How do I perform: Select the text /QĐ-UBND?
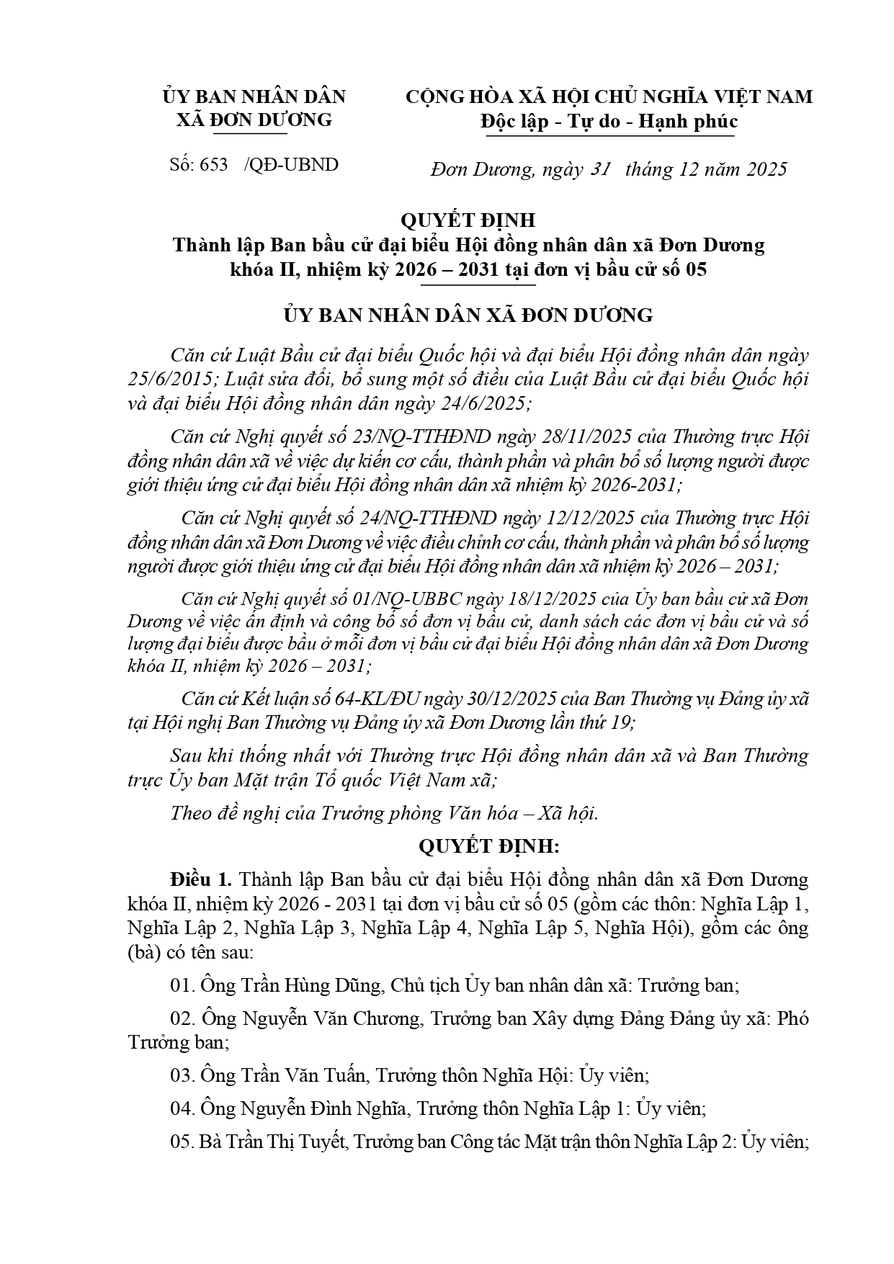291,165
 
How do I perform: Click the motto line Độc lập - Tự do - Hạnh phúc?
609,121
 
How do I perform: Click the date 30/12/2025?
475,699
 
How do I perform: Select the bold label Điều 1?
201,880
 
